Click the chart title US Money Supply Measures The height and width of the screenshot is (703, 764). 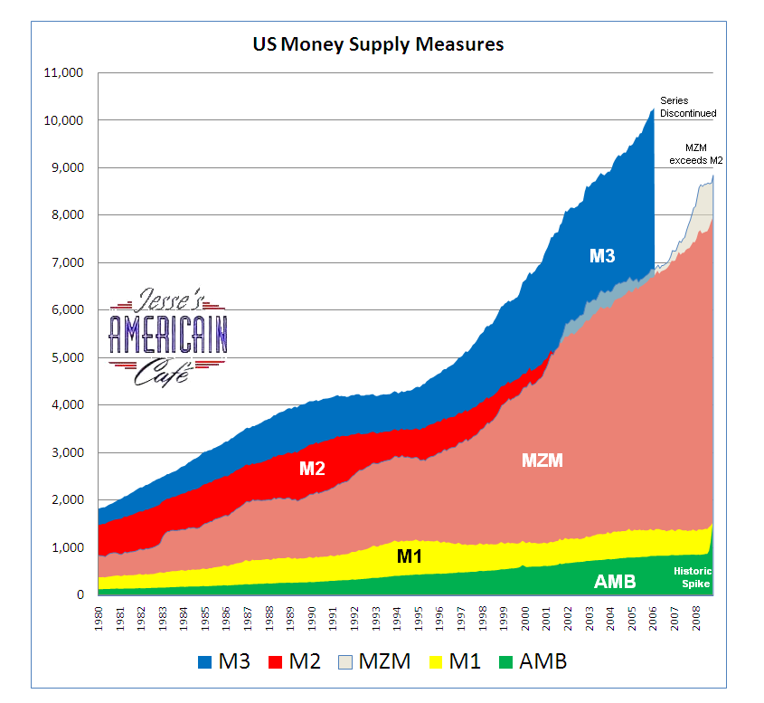coord(378,43)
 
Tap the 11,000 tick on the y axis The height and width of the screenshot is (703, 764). coord(63,73)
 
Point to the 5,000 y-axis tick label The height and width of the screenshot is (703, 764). coord(67,357)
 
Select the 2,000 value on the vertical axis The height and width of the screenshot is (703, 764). coord(67,500)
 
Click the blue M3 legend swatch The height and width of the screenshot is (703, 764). coord(206,662)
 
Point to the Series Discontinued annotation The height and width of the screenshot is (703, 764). coord(687,107)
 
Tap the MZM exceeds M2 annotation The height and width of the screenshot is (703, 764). coord(696,154)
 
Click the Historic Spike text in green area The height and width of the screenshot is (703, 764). coord(693,578)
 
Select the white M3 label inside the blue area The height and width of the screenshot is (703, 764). coord(602,256)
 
